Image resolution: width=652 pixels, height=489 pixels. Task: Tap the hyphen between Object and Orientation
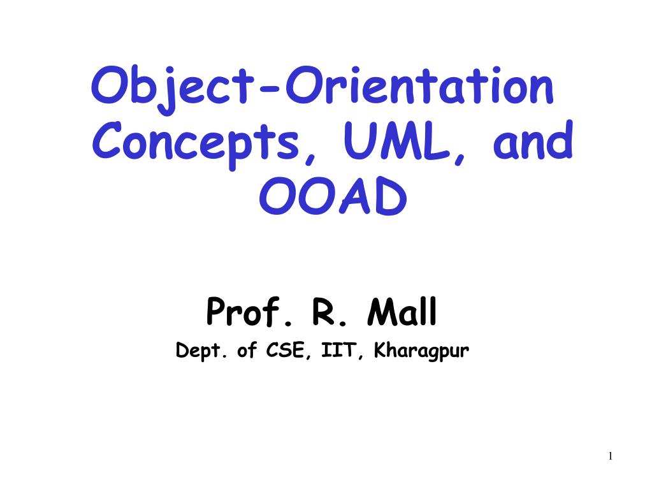coord(268,88)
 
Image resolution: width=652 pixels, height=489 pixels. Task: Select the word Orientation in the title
coord(419,85)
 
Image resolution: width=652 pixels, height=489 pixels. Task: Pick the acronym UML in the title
coord(397,140)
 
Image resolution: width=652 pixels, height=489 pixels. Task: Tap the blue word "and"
coord(533,140)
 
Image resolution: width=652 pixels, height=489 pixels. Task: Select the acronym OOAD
coord(333,196)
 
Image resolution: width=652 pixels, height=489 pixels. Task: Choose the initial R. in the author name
coord(329,312)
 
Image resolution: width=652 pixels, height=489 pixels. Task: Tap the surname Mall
coord(402,312)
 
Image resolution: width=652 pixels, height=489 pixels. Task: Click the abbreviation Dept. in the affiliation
coord(201,351)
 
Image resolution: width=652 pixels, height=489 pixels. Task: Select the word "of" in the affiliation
coord(247,350)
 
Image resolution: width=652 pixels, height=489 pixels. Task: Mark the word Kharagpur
coord(421,351)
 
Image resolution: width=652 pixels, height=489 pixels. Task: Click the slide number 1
coord(610,456)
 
